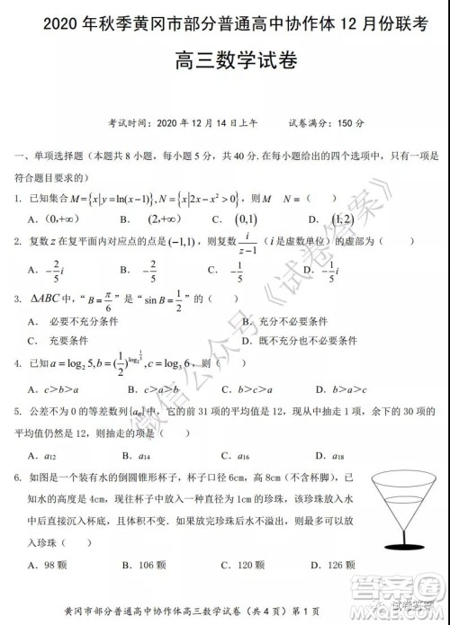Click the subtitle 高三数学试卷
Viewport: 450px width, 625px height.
(224, 63)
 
